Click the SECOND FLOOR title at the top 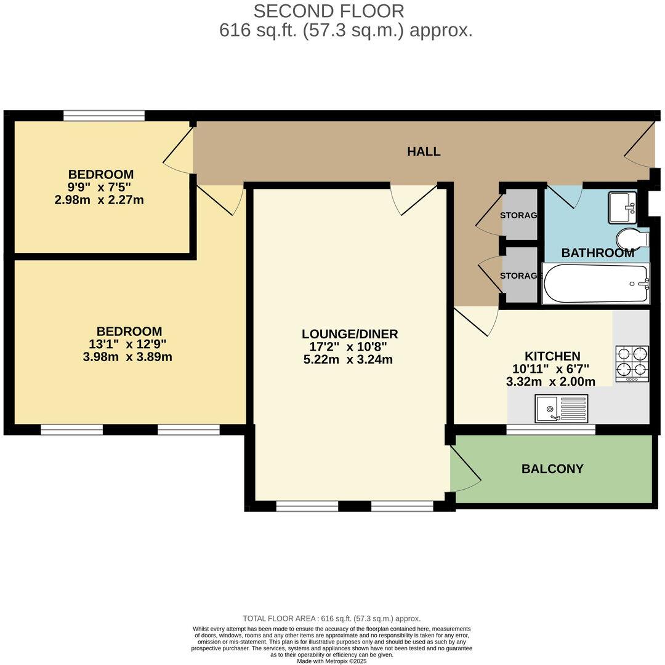tap(329, 11)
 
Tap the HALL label tap(424, 151)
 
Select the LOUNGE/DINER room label tap(349, 334)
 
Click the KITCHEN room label tap(552, 356)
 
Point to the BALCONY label tap(552, 469)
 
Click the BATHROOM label tap(597, 253)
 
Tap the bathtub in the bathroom tap(595, 284)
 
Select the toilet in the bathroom tap(631, 238)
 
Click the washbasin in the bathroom tap(623, 207)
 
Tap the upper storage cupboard tap(520, 215)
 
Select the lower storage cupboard tap(520, 276)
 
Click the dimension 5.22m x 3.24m tap(348, 360)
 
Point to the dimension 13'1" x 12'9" tap(127, 344)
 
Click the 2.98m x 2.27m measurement tap(100, 199)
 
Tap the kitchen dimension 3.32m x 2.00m tap(550, 381)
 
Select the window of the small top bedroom tap(103, 116)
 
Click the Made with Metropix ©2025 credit tap(331, 661)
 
